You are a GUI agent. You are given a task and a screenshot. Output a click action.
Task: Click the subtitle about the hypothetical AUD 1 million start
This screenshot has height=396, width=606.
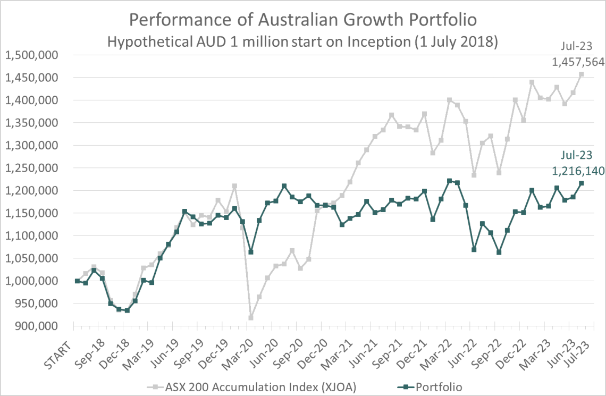302,42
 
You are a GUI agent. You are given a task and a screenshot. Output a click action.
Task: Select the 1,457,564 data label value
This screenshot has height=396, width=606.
578,62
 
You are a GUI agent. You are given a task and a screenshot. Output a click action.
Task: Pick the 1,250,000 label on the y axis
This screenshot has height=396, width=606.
33,168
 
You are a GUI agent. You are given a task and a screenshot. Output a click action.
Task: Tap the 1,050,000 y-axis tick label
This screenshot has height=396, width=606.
33,258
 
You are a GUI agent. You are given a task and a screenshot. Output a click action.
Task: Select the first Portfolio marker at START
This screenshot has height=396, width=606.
77,281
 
